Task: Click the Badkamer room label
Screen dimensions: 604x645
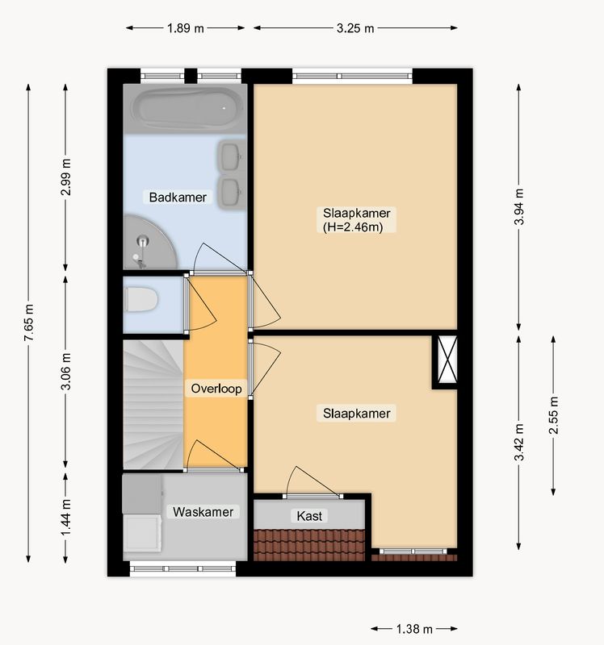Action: [178, 197]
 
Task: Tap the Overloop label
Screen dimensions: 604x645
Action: [216, 389]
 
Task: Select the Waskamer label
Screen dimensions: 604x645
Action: [203, 512]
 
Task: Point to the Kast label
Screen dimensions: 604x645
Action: [309, 516]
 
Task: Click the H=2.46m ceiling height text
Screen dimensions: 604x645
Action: [353, 227]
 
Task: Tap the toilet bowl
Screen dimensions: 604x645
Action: [141, 299]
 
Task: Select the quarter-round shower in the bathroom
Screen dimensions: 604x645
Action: [149, 243]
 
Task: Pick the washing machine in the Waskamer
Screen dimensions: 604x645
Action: [142, 533]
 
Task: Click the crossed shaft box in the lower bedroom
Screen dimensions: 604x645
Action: [447, 360]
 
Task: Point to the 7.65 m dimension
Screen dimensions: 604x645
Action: [28, 323]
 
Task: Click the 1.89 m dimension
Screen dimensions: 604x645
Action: [186, 28]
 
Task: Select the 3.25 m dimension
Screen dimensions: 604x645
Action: [355, 28]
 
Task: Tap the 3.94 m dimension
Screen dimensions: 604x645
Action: [518, 207]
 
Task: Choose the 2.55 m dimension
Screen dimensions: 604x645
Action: [553, 415]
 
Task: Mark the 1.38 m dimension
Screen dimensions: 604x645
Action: [414, 629]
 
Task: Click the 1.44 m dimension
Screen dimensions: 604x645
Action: [65, 518]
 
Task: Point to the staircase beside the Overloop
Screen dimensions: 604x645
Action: [153, 405]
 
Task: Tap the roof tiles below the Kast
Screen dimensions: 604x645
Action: [309, 545]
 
